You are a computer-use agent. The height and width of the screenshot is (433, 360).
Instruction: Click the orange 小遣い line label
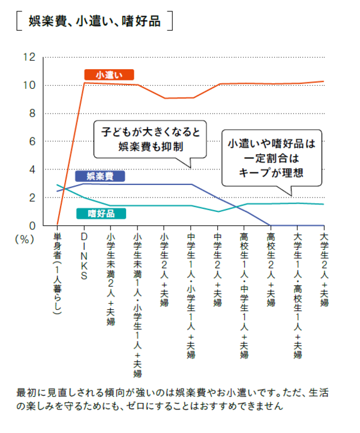(x=109, y=75)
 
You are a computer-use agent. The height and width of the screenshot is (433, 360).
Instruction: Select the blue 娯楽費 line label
(x=100, y=176)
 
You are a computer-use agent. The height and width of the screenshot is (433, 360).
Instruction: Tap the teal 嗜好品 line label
(x=100, y=213)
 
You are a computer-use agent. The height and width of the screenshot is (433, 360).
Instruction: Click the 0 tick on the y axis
(x=31, y=226)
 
